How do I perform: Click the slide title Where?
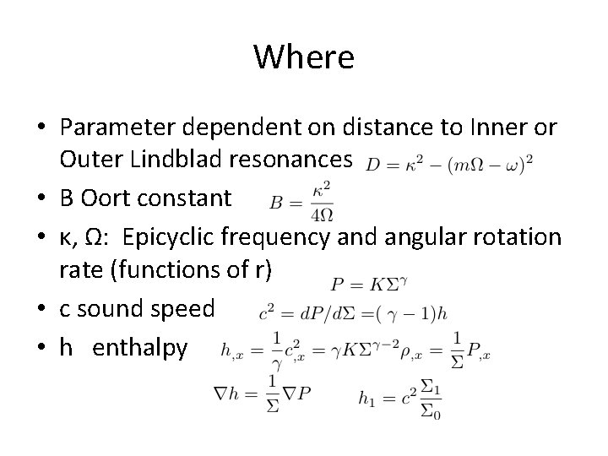click(303, 57)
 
